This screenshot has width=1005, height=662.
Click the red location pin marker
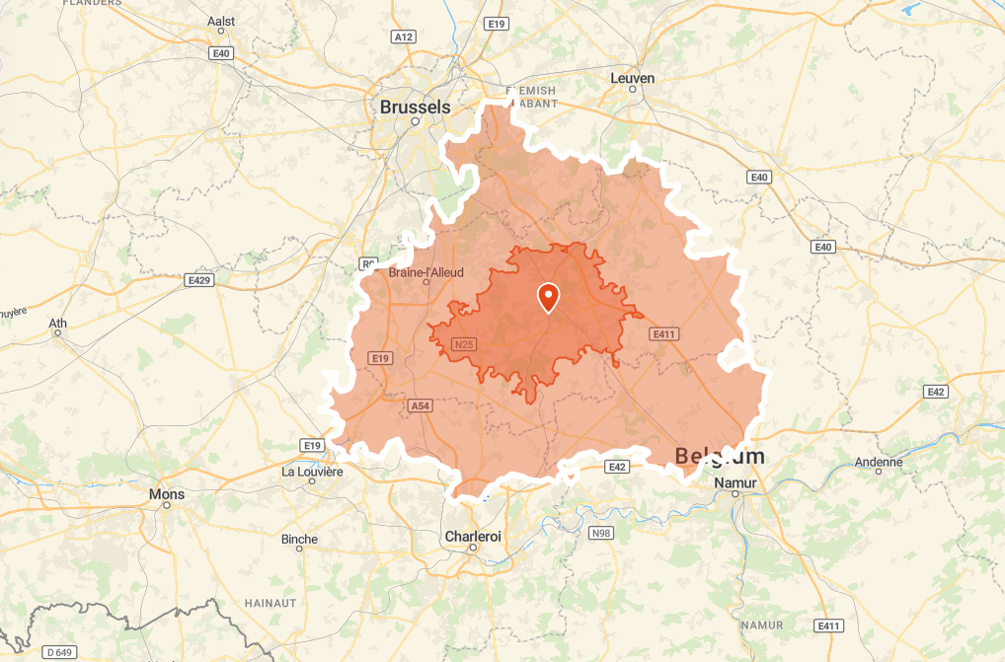[x=547, y=296]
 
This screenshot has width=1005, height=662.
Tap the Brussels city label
[x=415, y=107]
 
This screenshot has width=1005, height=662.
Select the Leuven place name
[x=633, y=78]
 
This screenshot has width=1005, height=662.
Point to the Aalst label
[x=222, y=20]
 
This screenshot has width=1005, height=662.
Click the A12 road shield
[x=403, y=37]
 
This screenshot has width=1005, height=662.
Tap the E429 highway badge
[x=200, y=280]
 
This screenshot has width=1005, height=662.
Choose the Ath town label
[x=58, y=322]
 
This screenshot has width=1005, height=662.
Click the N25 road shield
[x=464, y=344]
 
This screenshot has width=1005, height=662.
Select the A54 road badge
[x=420, y=405]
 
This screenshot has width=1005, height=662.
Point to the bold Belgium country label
[x=720, y=456]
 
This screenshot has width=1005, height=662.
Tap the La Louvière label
[x=312, y=472]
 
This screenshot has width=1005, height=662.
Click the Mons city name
[x=166, y=493]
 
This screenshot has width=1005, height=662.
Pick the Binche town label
[x=299, y=539]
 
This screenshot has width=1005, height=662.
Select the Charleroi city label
[x=473, y=536]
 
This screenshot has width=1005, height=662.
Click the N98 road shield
[x=601, y=533]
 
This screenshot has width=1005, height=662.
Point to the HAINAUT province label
[x=271, y=602]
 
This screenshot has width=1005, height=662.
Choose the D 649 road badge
[x=60, y=652]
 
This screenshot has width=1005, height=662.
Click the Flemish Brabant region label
[x=531, y=97]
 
